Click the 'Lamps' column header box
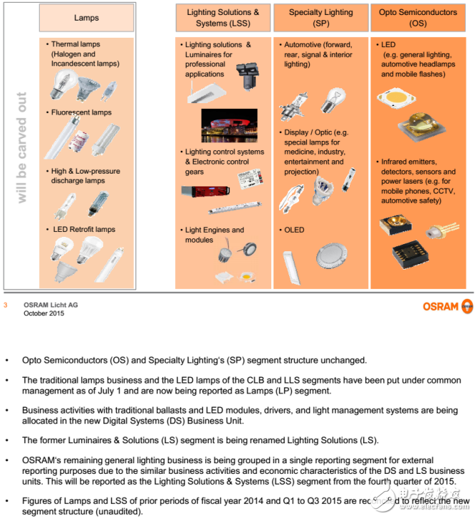click(86, 17)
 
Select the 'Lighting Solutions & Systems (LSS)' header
click(223, 17)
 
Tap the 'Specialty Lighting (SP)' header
click(320, 17)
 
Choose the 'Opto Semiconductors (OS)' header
click(418, 17)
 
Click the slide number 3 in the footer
click(6, 305)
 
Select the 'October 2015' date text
click(43, 313)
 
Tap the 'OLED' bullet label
click(294, 230)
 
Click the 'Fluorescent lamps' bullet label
click(82, 112)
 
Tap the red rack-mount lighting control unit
click(207, 192)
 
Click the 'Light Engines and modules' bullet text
click(214, 235)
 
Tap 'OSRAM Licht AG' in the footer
click(51, 305)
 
